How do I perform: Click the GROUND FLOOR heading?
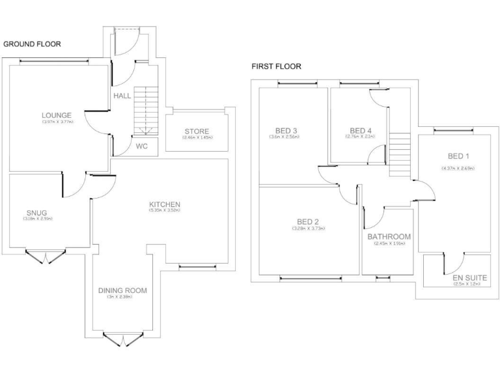(32, 44)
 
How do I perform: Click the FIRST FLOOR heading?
(276, 66)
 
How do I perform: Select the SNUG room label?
(36, 213)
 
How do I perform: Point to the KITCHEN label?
(164, 204)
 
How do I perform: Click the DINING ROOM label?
(122, 290)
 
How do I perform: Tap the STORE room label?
(196, 132)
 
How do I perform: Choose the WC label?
(142, 146)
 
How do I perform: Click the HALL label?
(122, 96)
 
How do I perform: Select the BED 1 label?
(458, 156)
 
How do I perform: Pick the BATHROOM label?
(389, 236)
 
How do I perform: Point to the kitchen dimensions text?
(164, 211)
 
